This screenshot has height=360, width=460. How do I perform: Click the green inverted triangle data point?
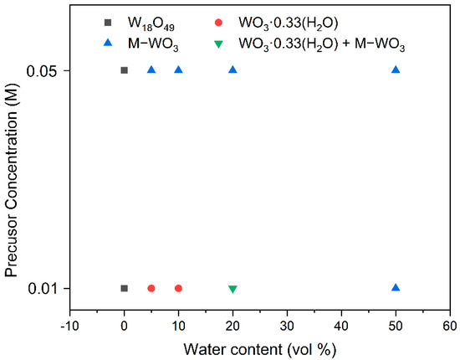click(x=233, y=289)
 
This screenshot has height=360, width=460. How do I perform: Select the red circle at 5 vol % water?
click(x=151, y=288)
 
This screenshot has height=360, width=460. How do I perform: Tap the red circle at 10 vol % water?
click(x=178, y=288)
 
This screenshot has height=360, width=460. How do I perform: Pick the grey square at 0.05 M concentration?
click(x=125, y=70)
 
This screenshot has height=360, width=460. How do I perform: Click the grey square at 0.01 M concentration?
click(x=125, y=288)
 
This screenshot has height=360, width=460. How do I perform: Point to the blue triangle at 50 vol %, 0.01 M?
click(x=396, y=287)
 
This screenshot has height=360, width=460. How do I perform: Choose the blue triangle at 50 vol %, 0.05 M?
click(x=396, y=69)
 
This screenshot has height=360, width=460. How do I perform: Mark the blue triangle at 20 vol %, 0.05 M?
click(x=233, y=69)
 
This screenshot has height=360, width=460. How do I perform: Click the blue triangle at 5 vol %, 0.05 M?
click(x=151, y=69)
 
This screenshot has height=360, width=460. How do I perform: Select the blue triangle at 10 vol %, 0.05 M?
click(x=178, y=69)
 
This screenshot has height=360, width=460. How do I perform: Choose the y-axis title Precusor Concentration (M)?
click(x=13, y=178)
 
